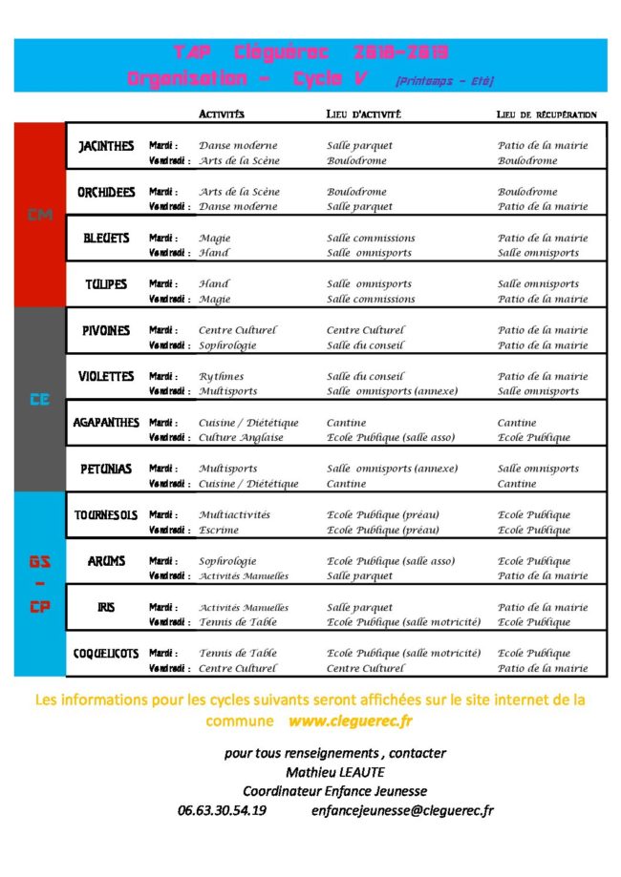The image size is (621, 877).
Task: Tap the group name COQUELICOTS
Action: pos(105,654)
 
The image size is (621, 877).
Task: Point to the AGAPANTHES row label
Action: pos(105,423)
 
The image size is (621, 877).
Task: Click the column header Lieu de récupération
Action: pos(546,115)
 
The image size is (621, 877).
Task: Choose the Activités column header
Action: pos(222,115)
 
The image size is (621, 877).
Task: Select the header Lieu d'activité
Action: pos(363,115)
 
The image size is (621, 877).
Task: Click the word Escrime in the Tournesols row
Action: pos(219,531)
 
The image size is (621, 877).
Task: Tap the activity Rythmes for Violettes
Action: pos(221,377)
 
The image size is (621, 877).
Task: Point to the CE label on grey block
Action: pos(40,401)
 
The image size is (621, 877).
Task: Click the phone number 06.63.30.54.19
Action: pos(222,811)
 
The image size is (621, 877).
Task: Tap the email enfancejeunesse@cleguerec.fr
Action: pos(402,811)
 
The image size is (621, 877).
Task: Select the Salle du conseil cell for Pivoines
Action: pos(366,345)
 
